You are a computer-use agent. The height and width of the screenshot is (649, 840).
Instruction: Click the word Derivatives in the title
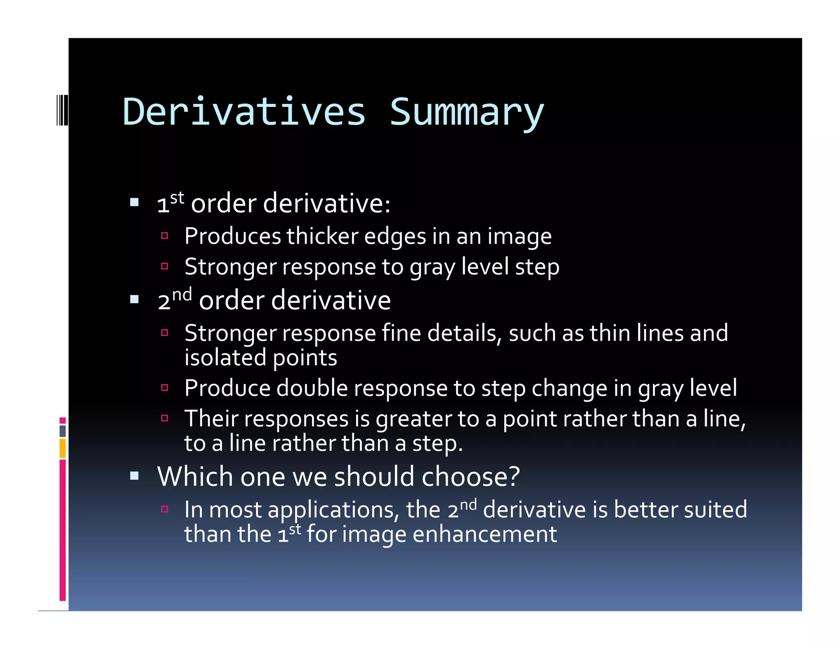(244, 112)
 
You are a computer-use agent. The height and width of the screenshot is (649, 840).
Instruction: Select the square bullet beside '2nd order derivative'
(134, 299)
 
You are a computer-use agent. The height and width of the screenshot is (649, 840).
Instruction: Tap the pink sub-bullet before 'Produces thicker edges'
(165, 235)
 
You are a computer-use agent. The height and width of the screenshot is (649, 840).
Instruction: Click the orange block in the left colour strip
(63, 448)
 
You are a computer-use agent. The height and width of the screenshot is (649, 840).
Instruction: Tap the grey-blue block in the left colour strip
(63, 431)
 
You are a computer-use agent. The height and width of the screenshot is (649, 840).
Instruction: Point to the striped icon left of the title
(62, 110)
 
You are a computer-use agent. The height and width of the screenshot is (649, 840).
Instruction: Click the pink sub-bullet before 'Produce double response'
(165, 388)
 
